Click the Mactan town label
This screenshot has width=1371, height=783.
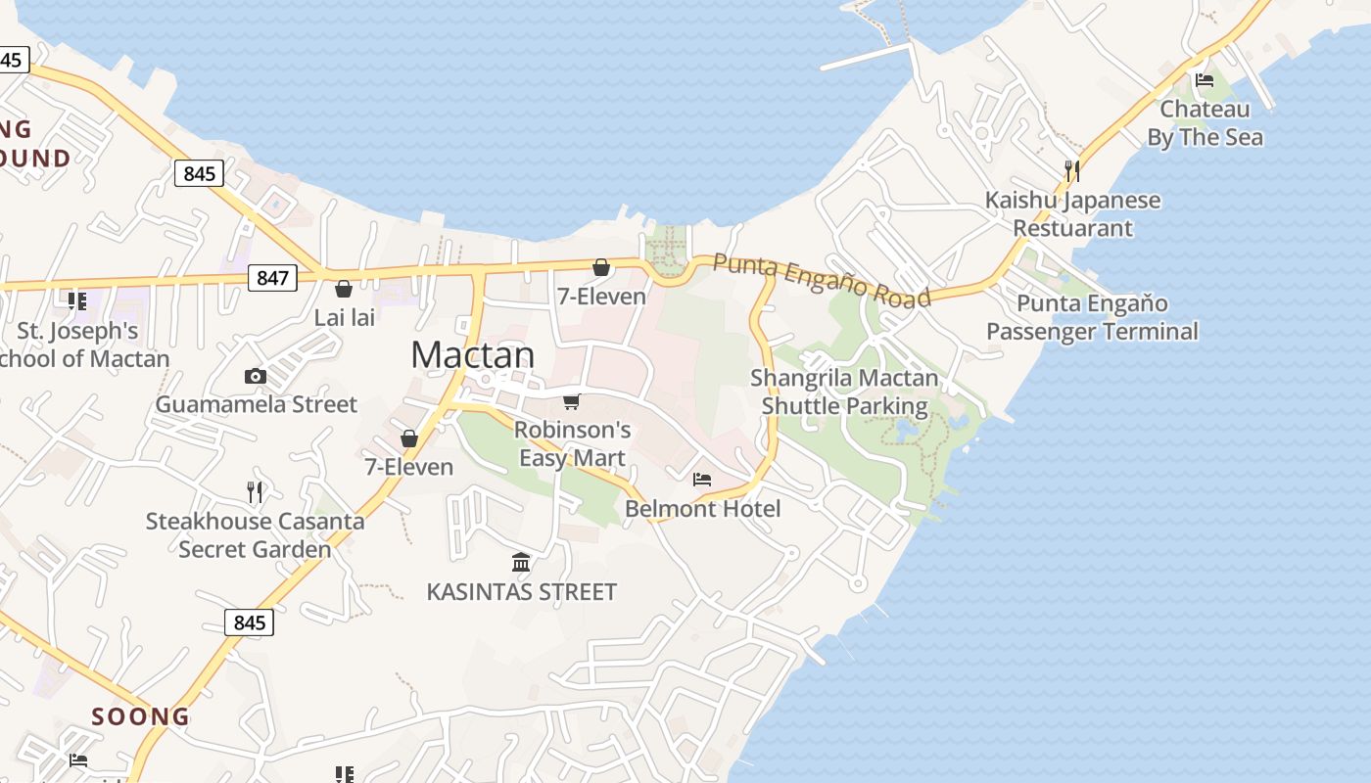[x=473, y=354]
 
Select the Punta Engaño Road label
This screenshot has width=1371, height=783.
[x=822, y=279]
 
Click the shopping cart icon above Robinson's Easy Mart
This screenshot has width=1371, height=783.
[x=572, y=401]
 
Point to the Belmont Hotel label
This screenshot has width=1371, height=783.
[x=703, y=508]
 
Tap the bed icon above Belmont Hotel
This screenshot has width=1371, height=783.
[x=702, y=480]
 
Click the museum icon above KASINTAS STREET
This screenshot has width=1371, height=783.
[x=521, y=563]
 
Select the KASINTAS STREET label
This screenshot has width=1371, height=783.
[x=521, y=591]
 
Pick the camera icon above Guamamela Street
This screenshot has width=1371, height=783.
[x=255, y=376]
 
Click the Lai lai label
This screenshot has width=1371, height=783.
[x=344, y=318]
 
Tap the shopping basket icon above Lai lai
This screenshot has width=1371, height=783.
[x=344, y=289]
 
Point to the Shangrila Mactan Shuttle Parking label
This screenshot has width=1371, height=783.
[x=844, y=391]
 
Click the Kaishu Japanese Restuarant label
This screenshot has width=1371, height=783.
[x=1072, y=214]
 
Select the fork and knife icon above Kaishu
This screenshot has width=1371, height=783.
[x=1072, y=171]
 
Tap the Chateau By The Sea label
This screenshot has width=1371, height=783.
[x=1205, y=123]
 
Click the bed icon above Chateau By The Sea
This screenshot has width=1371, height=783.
[x=1205, y=80]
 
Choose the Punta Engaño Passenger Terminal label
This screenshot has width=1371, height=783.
[x=1092, y=317]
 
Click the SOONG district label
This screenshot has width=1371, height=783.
[x=141, y=716]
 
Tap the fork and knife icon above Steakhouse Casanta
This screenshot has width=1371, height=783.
[x=255, y=491]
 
